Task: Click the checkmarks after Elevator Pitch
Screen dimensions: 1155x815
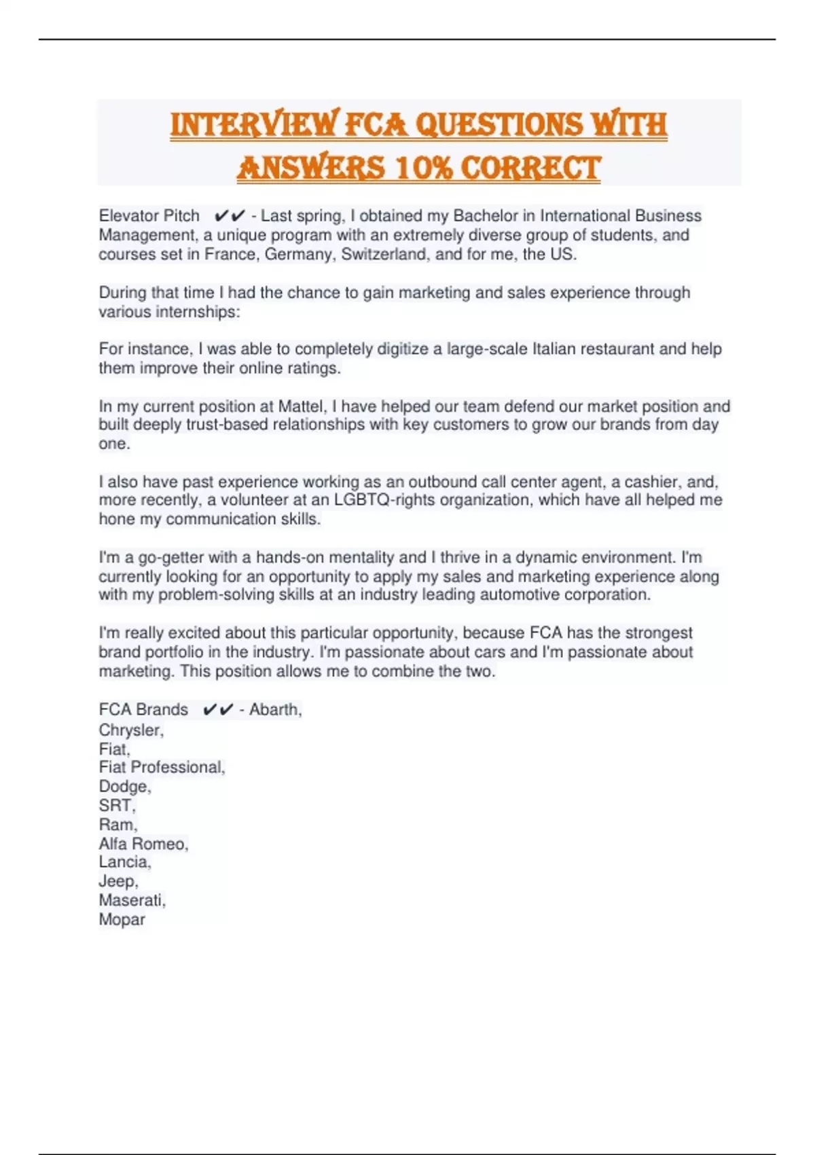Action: pos(229,216)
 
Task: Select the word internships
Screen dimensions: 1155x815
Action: pos(198,312)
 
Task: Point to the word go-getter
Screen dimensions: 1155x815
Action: pos(170,558)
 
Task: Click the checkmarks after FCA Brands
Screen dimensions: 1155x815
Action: pos(218,710)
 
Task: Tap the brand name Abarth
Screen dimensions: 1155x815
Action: pos(275,710)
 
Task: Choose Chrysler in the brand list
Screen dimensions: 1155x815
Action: pos(131,730)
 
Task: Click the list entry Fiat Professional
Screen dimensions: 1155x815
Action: pos(162,768)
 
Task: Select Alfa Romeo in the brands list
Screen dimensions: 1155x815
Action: pos(143,844)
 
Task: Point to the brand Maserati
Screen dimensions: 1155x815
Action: pos(132,900)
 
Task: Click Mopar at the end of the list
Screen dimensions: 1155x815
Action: pos(122,919)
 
